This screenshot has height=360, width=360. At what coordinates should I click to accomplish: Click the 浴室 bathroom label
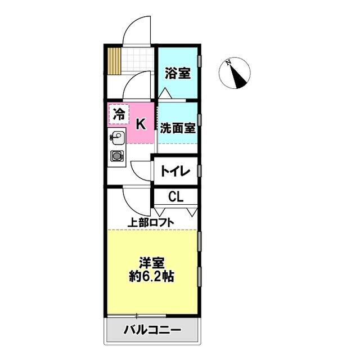(177, 74)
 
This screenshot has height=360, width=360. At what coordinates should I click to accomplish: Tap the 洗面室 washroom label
(177, 127)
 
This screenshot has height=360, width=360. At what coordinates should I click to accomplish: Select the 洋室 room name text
(153, 263)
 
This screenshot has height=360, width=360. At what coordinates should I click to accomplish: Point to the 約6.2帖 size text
(153, 277)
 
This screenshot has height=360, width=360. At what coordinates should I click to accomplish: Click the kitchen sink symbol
(117, 137)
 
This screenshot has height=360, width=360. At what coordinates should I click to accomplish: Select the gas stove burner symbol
(117, 156)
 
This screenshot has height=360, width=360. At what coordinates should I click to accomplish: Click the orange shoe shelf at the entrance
(115, 61)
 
